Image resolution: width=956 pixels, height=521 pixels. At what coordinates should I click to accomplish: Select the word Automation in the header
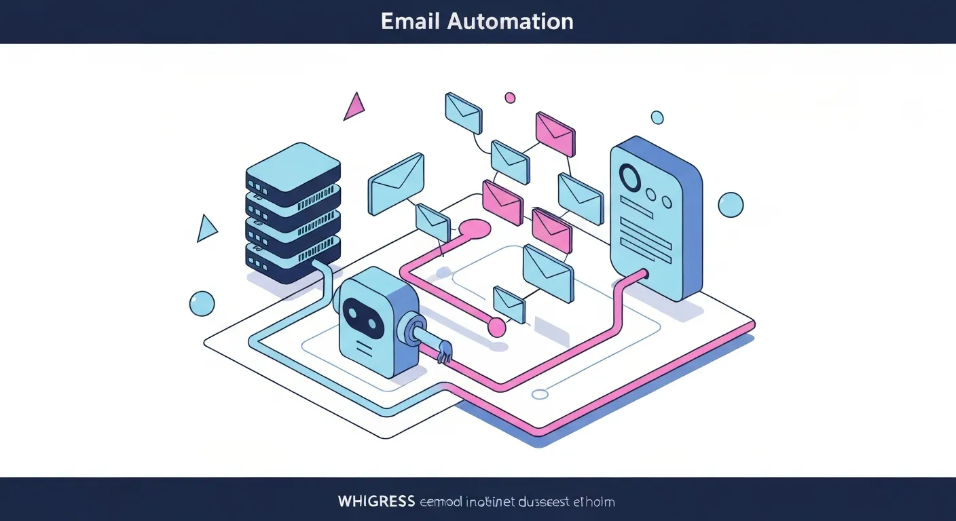click(510, 21)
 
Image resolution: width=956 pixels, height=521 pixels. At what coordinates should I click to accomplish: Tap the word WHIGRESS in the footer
click(376, 502)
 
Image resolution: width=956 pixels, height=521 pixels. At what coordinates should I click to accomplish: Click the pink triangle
click(354, 108)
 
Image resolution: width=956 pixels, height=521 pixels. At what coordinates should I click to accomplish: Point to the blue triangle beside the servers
click(206, 229)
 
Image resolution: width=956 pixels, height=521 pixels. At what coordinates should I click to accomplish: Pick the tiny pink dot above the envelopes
click(510, 98)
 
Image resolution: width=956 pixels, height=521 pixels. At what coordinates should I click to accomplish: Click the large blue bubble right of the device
click(731, 204)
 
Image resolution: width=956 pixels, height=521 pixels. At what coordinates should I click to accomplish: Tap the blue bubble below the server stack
click(202, 303)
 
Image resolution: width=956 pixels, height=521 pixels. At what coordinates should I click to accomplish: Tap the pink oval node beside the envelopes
click(475, 228)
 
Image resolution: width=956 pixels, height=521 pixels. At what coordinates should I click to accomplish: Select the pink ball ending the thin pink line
click(497, 328)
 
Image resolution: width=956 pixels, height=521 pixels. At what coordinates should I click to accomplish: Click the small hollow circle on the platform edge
click(540, 394)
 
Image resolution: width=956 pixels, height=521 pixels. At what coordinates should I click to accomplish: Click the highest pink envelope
click(555, 133)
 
